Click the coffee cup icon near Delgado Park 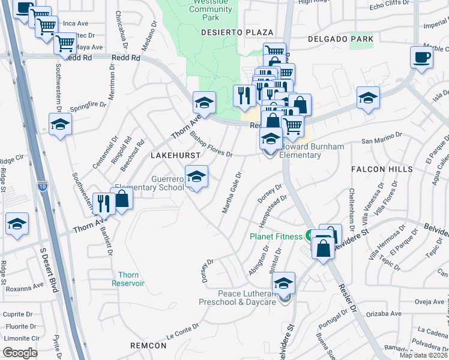click(421, 58)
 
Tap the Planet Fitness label click(276, 236)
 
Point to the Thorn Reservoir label click(128, 278)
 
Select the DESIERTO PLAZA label click(237, 32)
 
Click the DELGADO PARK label click(340, 39)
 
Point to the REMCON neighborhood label click(148, 346)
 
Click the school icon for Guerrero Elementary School click(196, 176)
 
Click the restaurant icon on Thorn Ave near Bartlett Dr click(103, 203)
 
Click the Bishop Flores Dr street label click(211, 144)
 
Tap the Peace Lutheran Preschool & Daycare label click(246, 298)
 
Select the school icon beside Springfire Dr click(60, 125)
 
